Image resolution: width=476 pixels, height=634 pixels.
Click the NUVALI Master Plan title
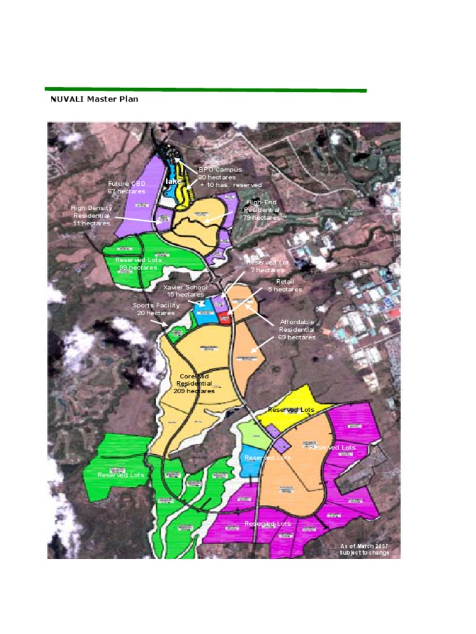point(94,99)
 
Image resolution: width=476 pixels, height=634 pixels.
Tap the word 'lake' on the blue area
point(173,181)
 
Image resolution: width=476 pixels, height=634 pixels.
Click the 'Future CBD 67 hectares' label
point(126,188)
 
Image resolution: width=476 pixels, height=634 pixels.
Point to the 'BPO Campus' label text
point(220,169)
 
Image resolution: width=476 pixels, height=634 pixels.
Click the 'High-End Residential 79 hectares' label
point(261,210)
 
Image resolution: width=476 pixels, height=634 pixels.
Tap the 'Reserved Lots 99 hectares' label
point(138,264)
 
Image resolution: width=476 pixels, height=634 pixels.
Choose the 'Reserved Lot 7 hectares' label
point(268,266)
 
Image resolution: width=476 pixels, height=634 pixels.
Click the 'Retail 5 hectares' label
point(285,285)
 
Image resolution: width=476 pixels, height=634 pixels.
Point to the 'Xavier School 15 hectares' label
point(185,291)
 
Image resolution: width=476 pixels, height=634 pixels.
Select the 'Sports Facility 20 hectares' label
point(156,309)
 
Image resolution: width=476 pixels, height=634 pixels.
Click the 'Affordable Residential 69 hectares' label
point(297,329)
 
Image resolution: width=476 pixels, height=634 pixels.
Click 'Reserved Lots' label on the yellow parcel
point(291,410)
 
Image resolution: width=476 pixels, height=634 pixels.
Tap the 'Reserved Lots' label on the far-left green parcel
point(121,475)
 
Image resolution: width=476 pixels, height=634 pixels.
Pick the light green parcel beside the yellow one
point(254,435)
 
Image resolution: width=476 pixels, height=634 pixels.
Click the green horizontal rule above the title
point(205,90)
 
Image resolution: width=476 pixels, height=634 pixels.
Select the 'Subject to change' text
point(365,552)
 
